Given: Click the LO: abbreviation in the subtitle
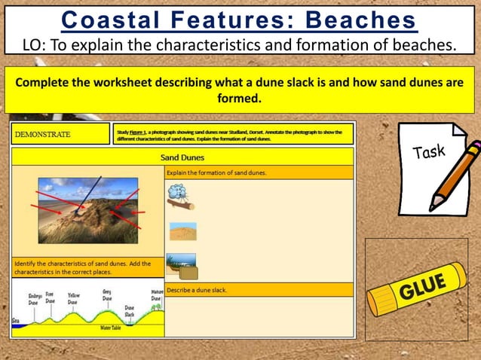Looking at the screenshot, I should tap(36, 45).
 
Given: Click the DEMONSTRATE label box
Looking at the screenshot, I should tap(61, 134).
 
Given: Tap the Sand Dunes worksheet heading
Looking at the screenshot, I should tap(182, 157).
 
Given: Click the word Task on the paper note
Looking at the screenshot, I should tap(429, 153).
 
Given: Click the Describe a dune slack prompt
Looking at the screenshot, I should tap(197, 289).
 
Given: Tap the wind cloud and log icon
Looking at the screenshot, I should tap(179, 197).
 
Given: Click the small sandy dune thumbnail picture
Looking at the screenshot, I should tap(183, 231).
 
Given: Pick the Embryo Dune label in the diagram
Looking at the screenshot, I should tap(35, 299).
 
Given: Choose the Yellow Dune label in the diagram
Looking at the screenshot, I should tap(73, 299).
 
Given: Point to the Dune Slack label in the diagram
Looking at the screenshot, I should tap(130, 312).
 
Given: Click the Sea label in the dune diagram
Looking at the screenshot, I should tap(16, 321).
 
